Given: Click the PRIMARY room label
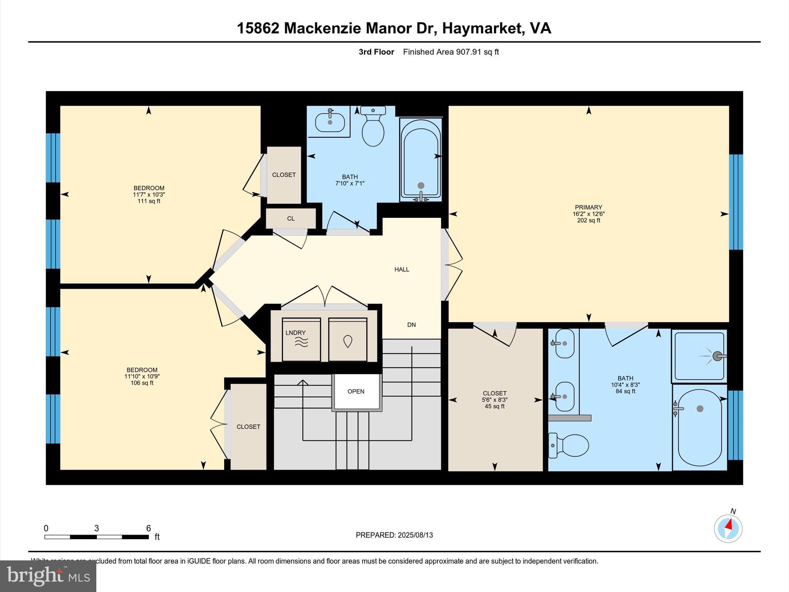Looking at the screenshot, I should coord(588,207).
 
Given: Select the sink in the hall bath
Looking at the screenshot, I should coord(330,121).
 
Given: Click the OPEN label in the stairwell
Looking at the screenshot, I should coord(356,391).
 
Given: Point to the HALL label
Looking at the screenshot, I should coord(401,269).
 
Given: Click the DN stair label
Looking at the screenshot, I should coord(411,325).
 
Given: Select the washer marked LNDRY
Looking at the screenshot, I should coord(301,340).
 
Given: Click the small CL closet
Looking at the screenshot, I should coord(291,219).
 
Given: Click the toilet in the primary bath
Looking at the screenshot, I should coord(570,446).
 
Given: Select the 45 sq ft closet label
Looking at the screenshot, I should coord(494,406).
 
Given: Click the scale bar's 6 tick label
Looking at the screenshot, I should coord(148,528).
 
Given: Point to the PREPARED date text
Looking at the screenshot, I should coord(394,535).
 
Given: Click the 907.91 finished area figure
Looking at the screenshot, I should coord(468,52).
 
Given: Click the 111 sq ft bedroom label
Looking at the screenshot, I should coord(149,201).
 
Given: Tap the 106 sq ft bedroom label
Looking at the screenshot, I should coord(142,383).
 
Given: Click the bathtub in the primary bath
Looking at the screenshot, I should coord(700,427).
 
